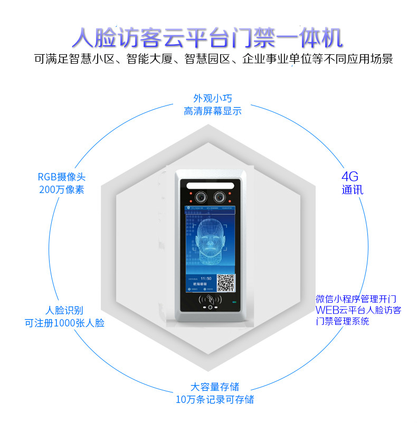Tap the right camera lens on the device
[218, 197]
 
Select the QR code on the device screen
[226, 283]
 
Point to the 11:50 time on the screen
[206, 278]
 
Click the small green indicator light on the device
[234, 303]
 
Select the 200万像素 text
[61, 189]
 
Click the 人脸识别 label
[64, 310]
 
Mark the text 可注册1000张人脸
[64, 323]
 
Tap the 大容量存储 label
[214, 387]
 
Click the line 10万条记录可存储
[214, 399]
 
